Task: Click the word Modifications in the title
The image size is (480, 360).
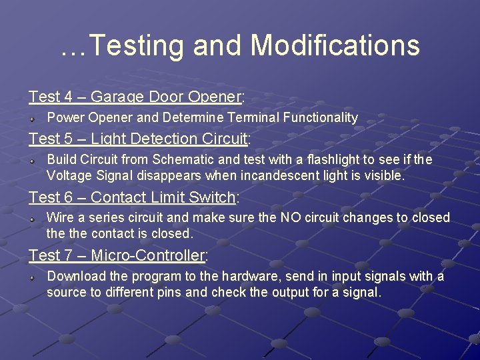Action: coord(335,46)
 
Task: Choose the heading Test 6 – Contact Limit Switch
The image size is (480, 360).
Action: coord(134,197)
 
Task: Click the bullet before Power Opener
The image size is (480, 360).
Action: coord(32,118)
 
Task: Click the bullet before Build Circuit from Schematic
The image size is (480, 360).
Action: coord(32,160)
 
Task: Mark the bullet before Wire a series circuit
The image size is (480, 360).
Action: coord(32,218)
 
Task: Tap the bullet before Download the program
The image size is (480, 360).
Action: coord(32,277)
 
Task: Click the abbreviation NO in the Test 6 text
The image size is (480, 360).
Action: coord(290,218)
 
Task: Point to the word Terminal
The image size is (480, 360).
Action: coord(254,118)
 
